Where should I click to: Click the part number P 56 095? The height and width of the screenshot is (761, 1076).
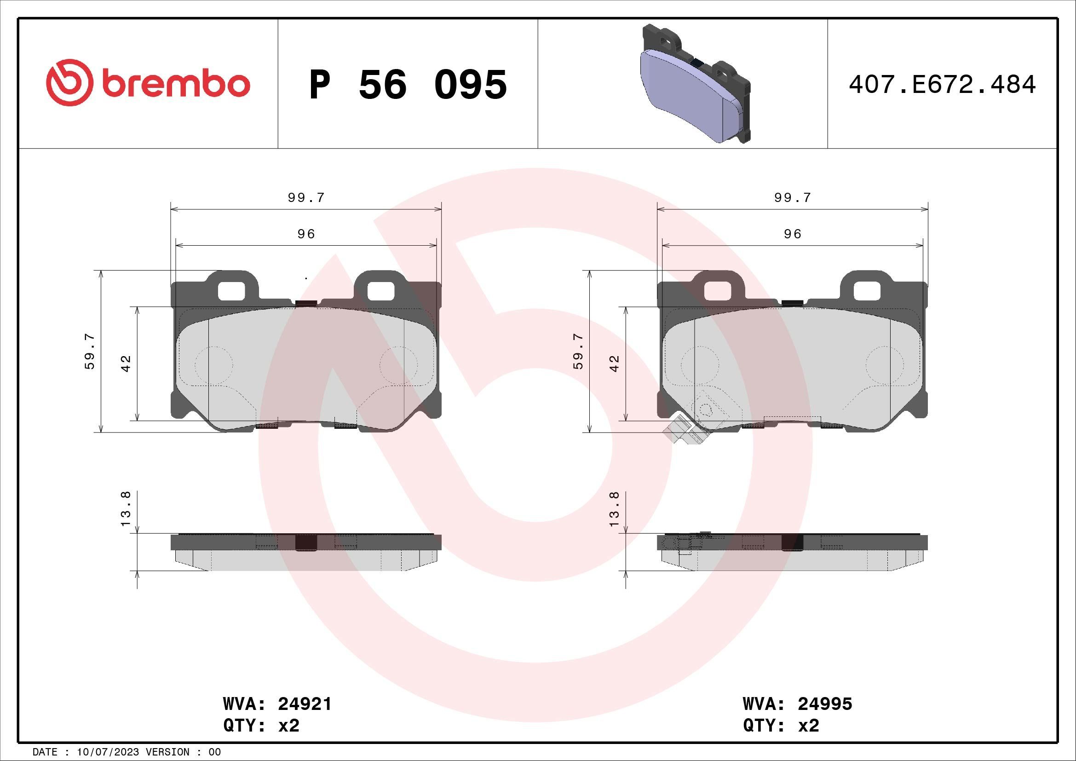click(408, 85)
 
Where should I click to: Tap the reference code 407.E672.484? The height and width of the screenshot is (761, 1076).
click(942, 85)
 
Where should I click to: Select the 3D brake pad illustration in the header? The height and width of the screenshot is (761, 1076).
click(695, 84)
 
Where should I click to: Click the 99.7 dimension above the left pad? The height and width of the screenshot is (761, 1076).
click(306, 198)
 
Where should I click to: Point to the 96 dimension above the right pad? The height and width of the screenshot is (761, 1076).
click(793, 234)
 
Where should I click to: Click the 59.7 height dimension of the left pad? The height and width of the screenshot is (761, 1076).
click(90, 352)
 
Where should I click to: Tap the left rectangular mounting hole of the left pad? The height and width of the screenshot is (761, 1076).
click(231, 290)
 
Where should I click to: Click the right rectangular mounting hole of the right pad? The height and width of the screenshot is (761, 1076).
click(867, 291)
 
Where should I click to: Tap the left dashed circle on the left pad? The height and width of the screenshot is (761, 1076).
click(214, 365)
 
